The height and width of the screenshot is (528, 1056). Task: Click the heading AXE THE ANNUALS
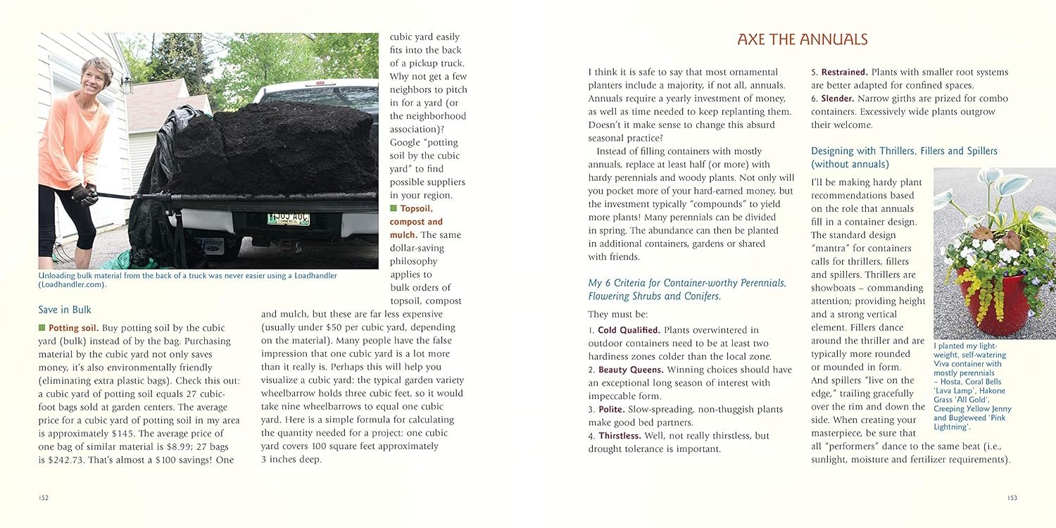(803, 39)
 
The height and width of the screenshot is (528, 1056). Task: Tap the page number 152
(44, 498)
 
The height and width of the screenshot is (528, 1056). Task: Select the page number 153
(1012, 498)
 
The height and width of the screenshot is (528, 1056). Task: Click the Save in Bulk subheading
(65, 310)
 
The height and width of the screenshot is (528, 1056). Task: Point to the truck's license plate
(287, 218)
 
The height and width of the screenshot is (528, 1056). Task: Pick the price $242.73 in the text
(70, 460)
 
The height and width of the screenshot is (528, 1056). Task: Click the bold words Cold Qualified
(629, 330)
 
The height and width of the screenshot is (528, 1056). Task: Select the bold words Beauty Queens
(631, 370)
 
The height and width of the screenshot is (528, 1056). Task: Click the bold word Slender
(836, 99)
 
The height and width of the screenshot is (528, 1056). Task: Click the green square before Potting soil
(42, 328)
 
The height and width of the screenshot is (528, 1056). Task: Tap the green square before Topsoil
(394, 208)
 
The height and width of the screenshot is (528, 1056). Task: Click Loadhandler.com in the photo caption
(71, 285)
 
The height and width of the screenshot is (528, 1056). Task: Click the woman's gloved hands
(85, 194)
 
